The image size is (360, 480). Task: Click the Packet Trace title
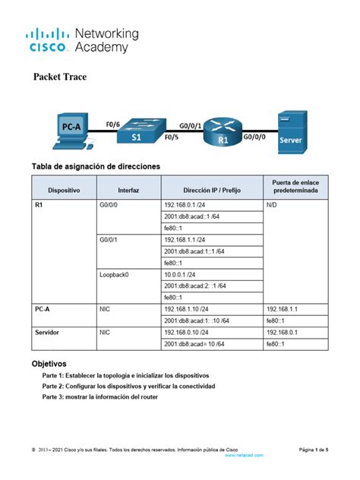pyautogui.click(x=60, y=77)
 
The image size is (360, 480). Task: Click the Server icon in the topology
pyautogui.click(x=291, y=131)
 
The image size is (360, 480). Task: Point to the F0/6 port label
pyautogui.click(x=113, y=124)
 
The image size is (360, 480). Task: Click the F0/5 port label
pyautogui.click(x=172, y=139)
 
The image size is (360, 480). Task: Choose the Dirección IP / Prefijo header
pyautogui.click(x=212, y=189)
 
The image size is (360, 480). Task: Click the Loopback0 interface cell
pyautogui.click(x=114, y=274)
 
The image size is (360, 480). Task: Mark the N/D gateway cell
pyautogui.click(x=272, y=205)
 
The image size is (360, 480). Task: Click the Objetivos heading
pyautogui.click(x=49, y=364)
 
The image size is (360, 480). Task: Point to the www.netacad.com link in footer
pyautogui.click(x=245, y=455)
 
